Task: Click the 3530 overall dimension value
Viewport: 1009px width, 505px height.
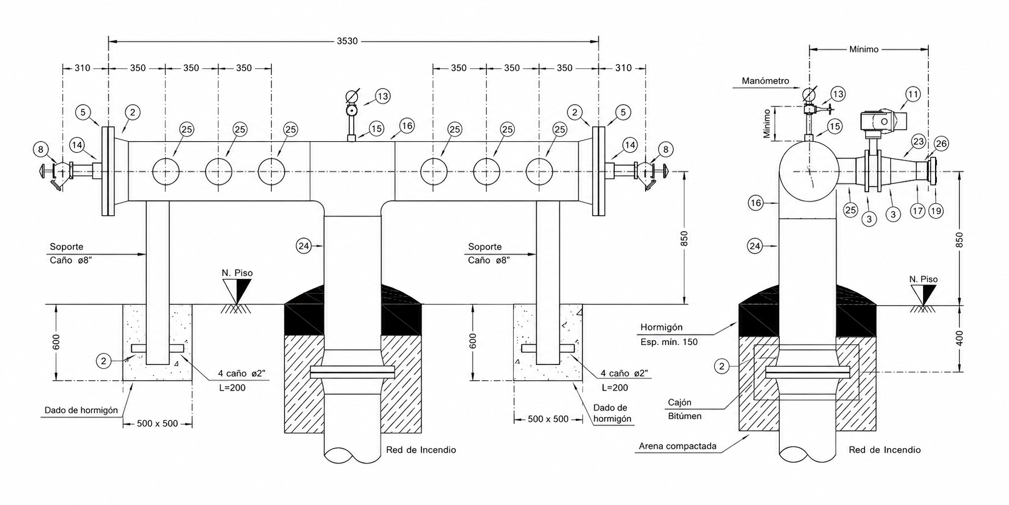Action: [347, 41]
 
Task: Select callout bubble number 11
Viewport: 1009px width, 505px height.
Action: [912, 94]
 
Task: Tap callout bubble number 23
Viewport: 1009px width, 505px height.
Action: [918, 141]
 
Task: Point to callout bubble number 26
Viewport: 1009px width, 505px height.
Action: [941, 144]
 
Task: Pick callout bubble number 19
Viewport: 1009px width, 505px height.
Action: [936, 211]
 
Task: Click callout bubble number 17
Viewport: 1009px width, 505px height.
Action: [917, 211]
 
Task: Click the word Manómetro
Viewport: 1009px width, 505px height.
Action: [765, 81]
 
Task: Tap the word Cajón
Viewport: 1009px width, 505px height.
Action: [680, 402]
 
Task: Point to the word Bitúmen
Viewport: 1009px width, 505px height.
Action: [685, 416]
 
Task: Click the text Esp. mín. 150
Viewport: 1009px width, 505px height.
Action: [669, 342]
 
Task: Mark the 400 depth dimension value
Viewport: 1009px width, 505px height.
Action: [960, 338]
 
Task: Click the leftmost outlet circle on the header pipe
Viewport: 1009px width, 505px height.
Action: [166, 171]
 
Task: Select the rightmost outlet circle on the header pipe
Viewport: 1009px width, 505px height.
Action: [539, 171]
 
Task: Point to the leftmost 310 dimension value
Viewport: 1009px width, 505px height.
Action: [82, 68]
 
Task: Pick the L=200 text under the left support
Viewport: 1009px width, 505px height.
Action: [232, 388]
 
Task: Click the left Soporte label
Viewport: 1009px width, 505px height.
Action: [67, 247]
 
